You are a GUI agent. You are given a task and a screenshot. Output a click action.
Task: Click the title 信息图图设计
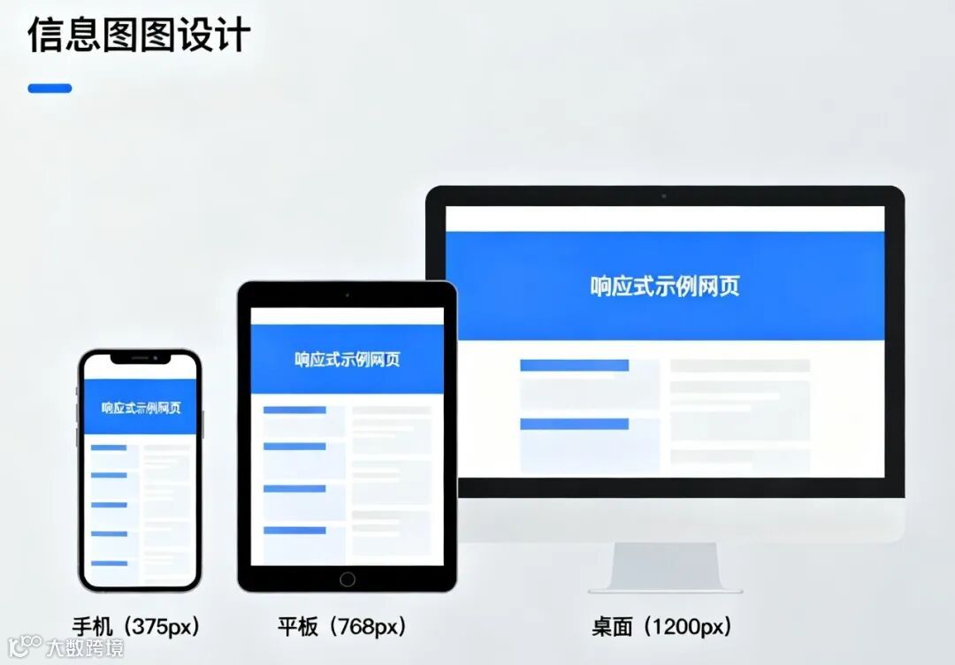(x=139, y=34)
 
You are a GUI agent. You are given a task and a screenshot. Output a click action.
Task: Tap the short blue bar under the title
(x=50, y=88)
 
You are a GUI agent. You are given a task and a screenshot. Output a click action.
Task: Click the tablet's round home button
(x=347, y=579)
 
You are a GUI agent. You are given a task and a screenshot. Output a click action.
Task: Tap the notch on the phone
(x=140, y=359)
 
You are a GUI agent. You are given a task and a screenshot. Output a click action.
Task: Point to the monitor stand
(x=665, y=566)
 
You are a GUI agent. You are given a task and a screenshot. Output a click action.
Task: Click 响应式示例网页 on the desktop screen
(x=665, y=286)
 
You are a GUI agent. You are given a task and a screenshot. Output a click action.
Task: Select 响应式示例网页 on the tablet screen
(x=347, y=359)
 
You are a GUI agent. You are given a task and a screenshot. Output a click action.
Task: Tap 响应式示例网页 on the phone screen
(x=141, y=408)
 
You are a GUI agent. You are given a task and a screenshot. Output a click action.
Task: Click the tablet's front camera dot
(x=347, y=294)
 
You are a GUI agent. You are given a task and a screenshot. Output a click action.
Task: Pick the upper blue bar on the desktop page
(x=574, y=365)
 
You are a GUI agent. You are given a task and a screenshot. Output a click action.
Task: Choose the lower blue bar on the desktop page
(x=574, y=424)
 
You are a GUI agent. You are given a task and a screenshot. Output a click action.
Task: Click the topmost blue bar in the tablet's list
(x=294, y=410)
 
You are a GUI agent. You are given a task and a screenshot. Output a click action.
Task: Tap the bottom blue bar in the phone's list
(x=110, y=563)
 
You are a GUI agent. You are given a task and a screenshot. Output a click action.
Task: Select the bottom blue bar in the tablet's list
(x=294, y=531)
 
